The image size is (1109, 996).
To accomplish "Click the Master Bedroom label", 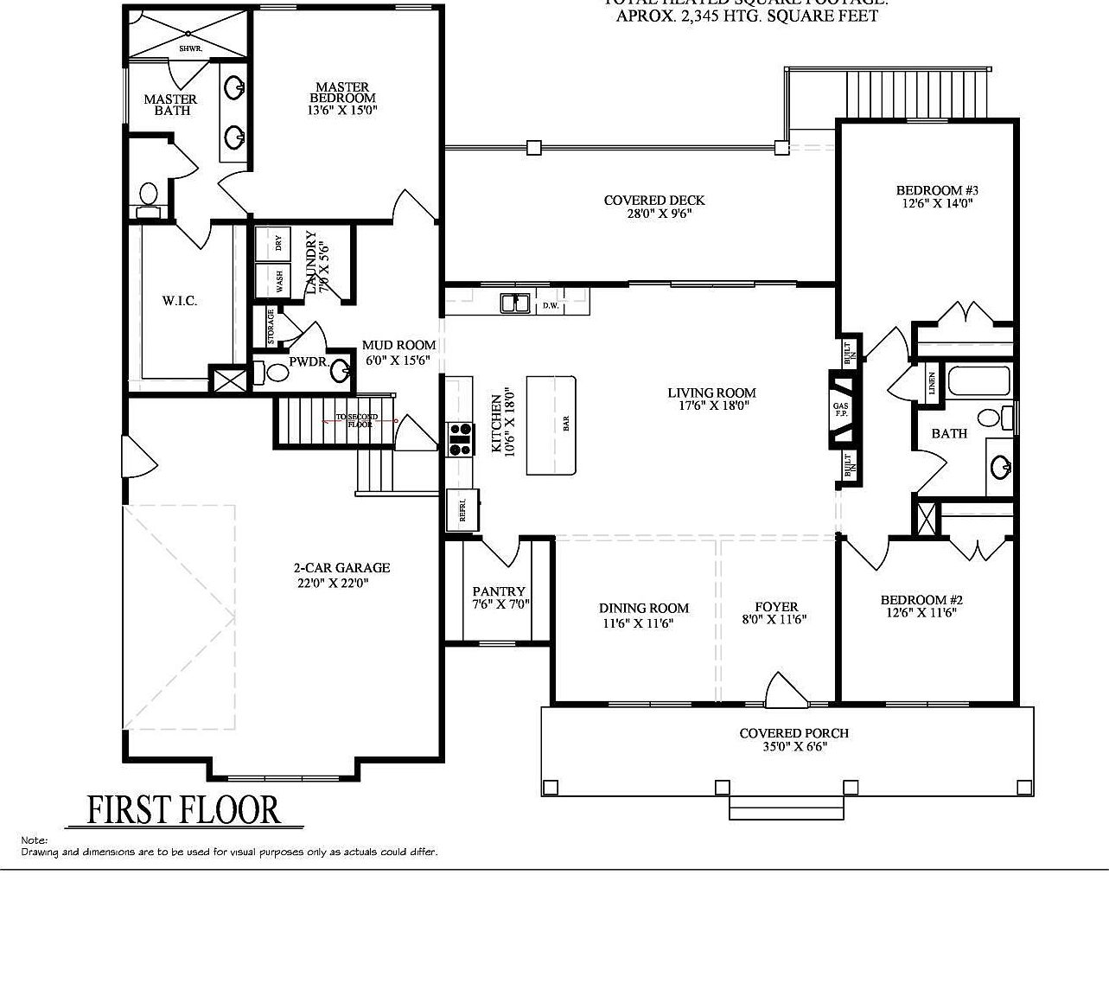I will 342,93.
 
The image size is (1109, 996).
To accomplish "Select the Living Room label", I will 711,393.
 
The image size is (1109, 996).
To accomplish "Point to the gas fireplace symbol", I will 841,411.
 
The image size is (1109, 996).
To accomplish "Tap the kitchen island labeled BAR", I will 551,425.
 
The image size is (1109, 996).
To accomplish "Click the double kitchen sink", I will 515,303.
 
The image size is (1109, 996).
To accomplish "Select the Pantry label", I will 500,591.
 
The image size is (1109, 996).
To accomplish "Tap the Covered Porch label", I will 794,733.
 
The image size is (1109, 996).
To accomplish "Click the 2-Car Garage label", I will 341,568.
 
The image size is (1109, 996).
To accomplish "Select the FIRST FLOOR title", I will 184,810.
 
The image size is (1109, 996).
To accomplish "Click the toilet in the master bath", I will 149,198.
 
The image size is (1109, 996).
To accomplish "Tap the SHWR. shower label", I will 190,49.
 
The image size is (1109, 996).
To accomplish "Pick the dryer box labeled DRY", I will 277,243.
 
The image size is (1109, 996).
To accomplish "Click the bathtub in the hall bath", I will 978,381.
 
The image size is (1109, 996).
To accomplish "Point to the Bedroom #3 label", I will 936,190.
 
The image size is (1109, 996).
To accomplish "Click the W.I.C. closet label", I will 180,301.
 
